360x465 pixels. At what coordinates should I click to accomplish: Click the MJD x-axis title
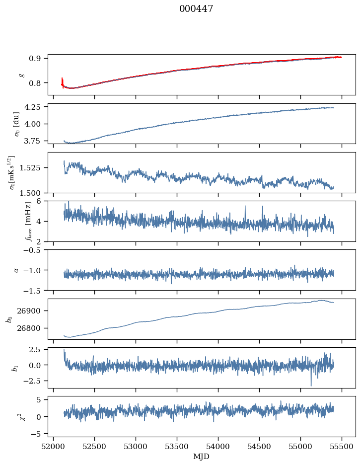pyautogui.click(x=201, y=457)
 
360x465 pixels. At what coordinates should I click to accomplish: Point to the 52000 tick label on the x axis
pyautogui.click(x=54, y=447)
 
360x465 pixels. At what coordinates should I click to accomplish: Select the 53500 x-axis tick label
pyautogui.click(x=177, y=447)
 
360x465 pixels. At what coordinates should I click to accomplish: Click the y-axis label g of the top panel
pyautogui.click(x=21, y=75)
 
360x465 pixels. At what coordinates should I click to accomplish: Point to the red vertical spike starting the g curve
pyautogui.click(x=62, y=80)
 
